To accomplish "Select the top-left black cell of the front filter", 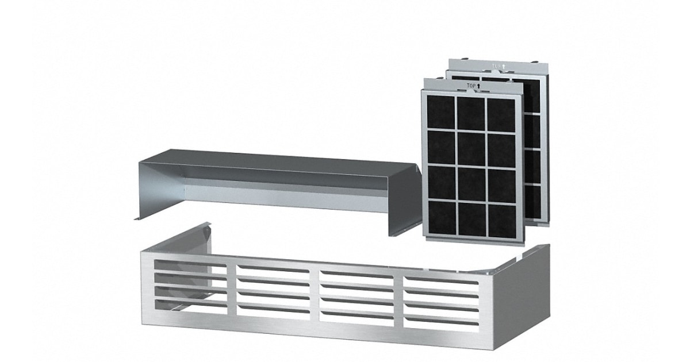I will pyautogui.click(x=440, y=113).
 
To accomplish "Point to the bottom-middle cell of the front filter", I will pyautogui.click(x=471, y=218).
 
